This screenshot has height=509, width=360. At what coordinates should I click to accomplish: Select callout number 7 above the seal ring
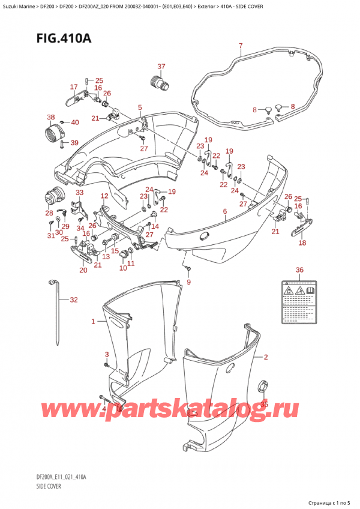click(240, 46)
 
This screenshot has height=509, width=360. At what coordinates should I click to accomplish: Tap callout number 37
click(161, 66)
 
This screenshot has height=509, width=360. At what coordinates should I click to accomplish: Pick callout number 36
click(300, 270)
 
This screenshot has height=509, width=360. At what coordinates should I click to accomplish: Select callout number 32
click(74, 300)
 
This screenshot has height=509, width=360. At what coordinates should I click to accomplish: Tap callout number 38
click(51, 117)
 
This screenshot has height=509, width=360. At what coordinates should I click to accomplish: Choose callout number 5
click(140, 108)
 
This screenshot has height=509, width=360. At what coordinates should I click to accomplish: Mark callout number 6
click(224, 211)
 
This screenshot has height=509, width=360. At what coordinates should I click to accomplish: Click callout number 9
click(188, 282)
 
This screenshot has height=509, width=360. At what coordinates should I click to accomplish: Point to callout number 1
click(93, 322)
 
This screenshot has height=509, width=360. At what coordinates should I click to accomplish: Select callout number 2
click(266, 357)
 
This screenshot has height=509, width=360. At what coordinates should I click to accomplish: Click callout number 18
click(302, 243)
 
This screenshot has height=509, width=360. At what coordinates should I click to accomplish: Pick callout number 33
click(80, 193)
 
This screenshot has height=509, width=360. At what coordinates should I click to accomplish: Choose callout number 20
click(83, 270)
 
